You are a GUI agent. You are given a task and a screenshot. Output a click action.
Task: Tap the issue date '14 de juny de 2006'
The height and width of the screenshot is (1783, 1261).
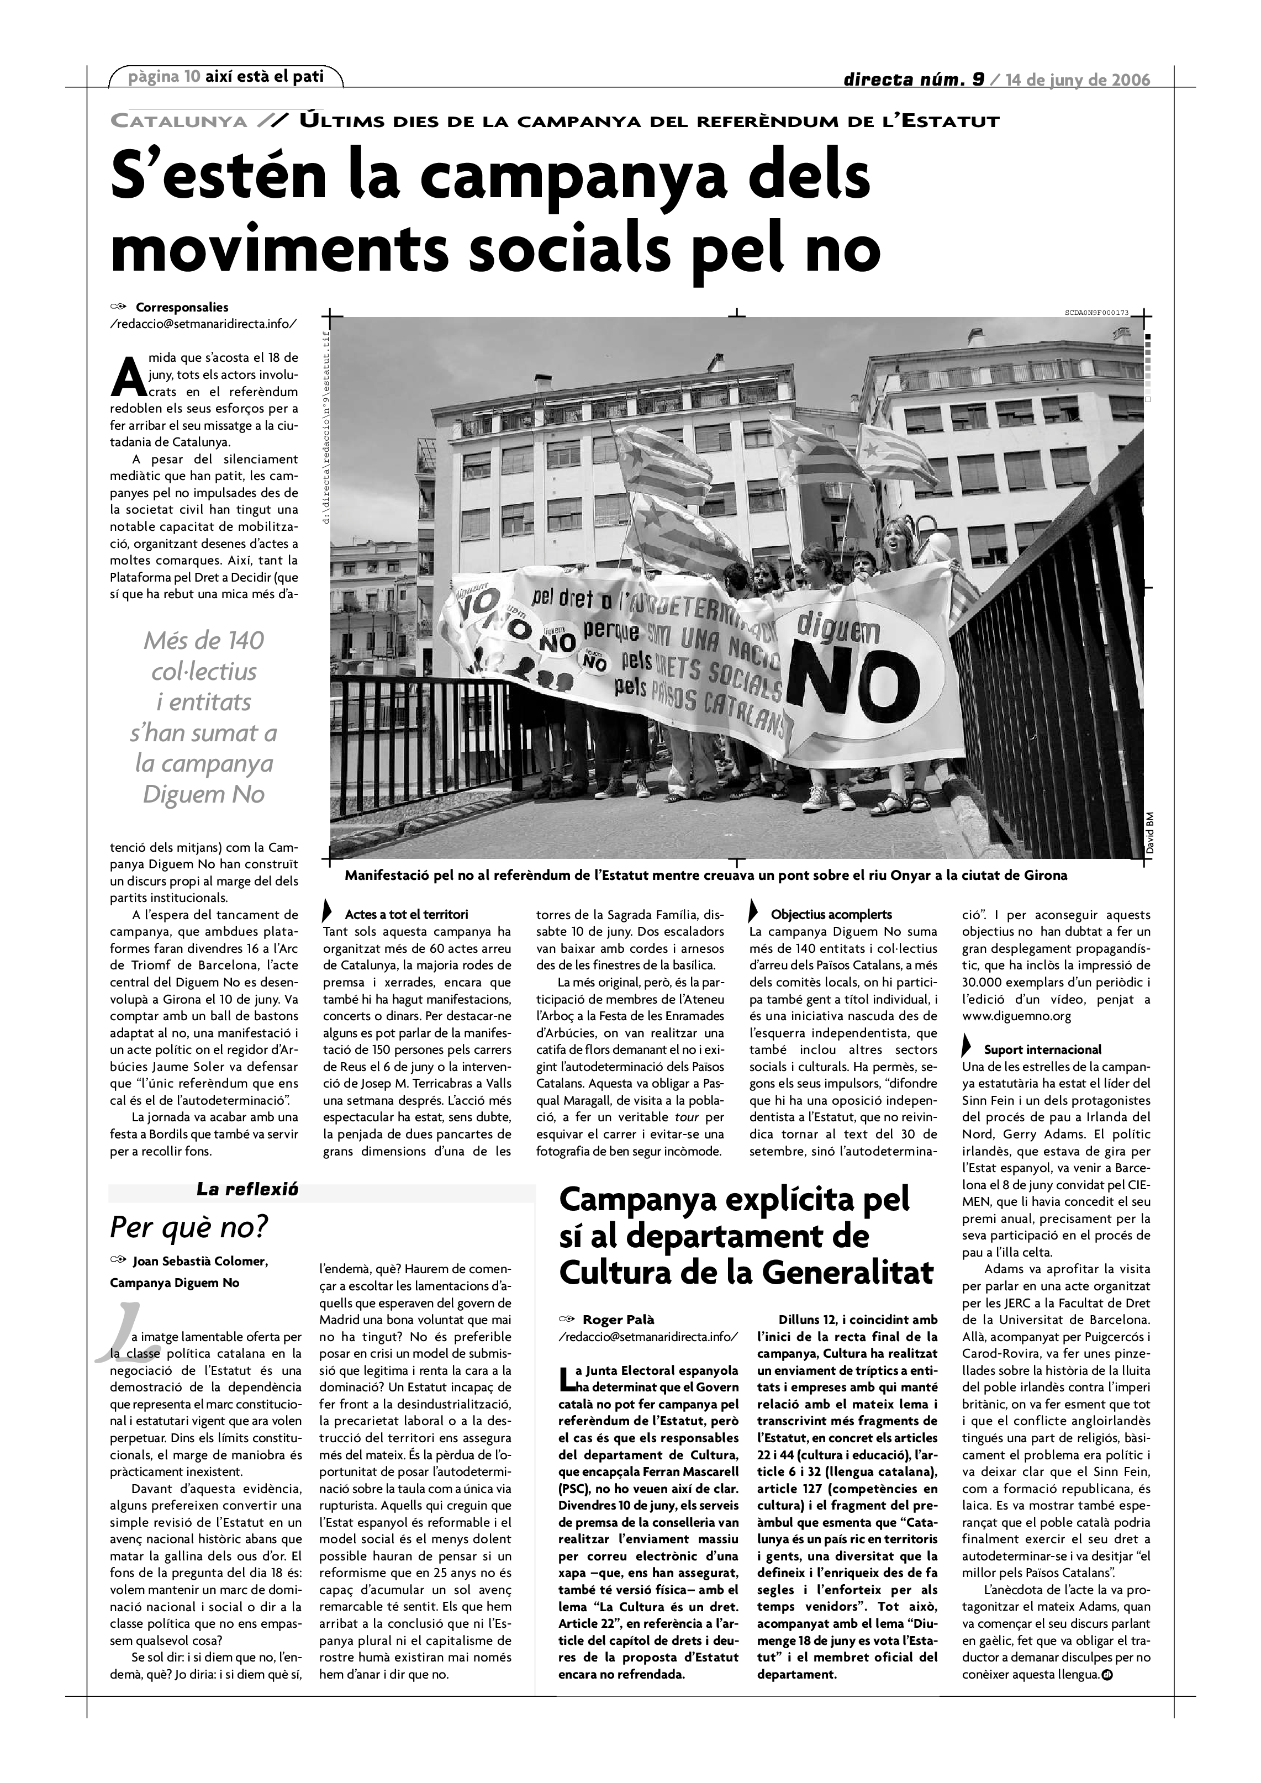click(1078, 80)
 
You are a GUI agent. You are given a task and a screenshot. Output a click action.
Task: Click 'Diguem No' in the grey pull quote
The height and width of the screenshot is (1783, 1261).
click(204, 794)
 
